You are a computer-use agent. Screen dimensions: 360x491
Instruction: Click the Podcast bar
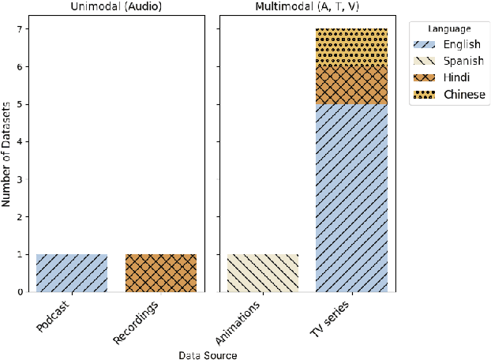coord(72,273)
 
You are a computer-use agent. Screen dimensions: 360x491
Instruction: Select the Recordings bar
coord(161,273)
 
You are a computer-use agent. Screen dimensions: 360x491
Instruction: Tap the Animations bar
coord(263,273)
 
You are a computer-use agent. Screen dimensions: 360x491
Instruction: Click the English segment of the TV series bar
coord(352,197)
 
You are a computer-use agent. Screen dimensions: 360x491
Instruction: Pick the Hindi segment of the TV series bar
coord(352,85)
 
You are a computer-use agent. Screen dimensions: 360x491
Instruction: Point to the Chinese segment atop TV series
coord(352,47)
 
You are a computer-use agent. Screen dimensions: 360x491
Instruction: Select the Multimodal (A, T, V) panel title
coord(307,6)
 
